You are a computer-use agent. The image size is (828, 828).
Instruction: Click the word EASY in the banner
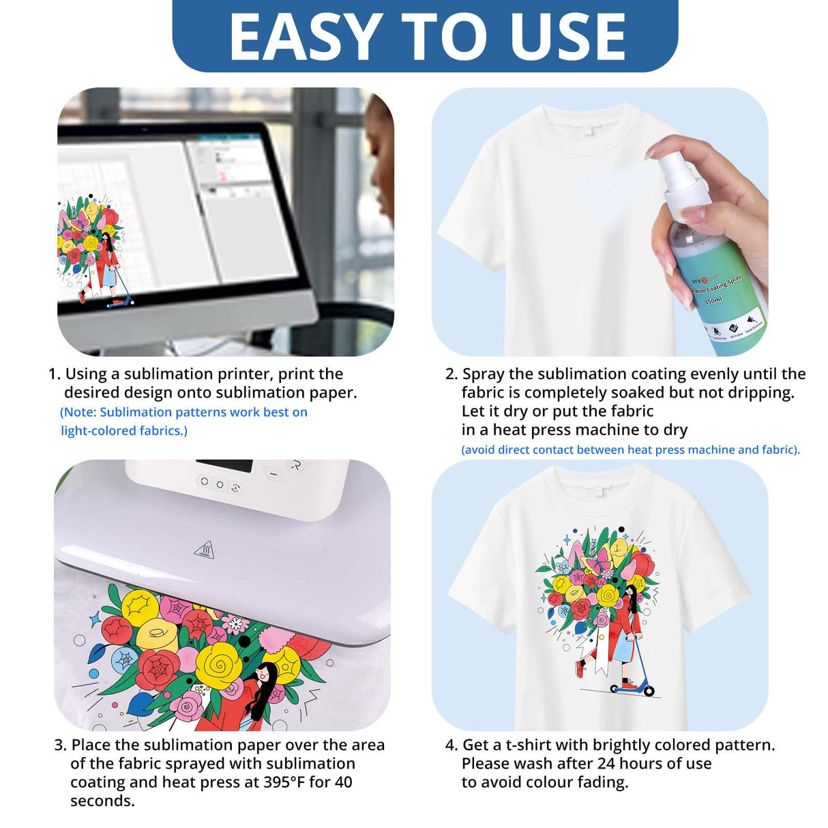pyautogui.click(x=305, y=38)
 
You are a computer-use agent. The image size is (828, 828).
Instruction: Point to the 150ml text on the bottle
pyautogui.click(x=713, y=300)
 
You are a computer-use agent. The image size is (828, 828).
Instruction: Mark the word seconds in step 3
pyautogui.click(x=102, y=801)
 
